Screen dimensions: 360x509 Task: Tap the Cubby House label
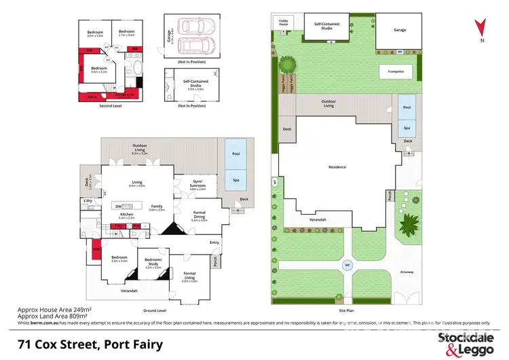[x=283, y=22]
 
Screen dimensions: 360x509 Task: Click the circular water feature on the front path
[x=347, y=265]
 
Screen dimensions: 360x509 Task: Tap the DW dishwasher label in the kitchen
[x=119, y=206]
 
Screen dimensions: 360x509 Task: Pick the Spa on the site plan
[x=407, y=127]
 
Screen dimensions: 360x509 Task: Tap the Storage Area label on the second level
[x=124, y=94]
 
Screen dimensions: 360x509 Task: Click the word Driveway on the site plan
[x=406, y=272]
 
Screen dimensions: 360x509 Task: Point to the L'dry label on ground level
[x=88, y=201]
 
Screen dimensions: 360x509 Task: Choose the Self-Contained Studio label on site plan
[x=327, y=25]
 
